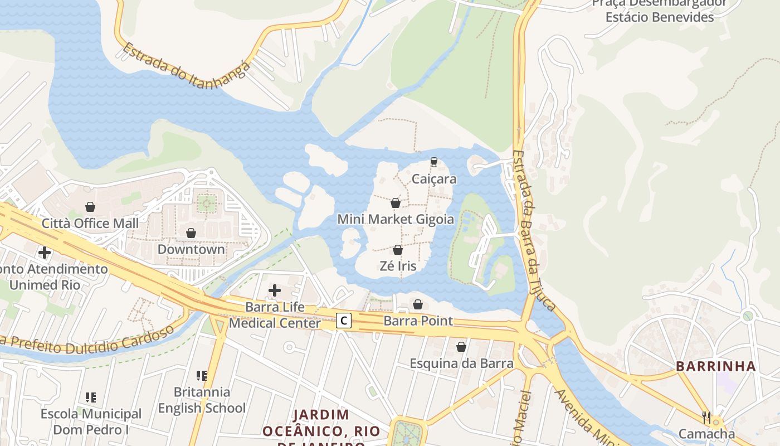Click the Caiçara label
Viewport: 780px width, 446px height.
click(434, 179)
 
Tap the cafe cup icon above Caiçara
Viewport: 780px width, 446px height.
click(434, 162)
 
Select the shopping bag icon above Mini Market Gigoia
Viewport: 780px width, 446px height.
click(396, 203)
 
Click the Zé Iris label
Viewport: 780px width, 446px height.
click(398, 266)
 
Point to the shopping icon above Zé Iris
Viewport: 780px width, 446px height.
click(398, 250)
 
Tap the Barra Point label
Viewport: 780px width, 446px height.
click(418, 321)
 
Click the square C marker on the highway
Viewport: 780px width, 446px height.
click(344, 321)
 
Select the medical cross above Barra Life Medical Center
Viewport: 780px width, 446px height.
click(275, 290)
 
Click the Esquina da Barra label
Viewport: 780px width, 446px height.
click(461, 363)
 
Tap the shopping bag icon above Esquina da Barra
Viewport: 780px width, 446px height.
click(461, 347)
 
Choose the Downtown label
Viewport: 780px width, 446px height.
click(191, 249)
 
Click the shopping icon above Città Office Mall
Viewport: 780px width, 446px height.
click(90, 207)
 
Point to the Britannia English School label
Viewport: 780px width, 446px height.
click(202, 400)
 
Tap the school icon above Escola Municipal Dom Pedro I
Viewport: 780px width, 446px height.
click(91, 397)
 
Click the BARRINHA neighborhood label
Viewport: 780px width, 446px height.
click(716, 366)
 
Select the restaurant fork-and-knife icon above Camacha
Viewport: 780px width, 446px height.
click(706, 417)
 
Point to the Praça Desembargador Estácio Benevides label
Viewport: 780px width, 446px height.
click(659, 10)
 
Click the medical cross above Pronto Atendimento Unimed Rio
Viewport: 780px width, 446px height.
click(45, 253)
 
